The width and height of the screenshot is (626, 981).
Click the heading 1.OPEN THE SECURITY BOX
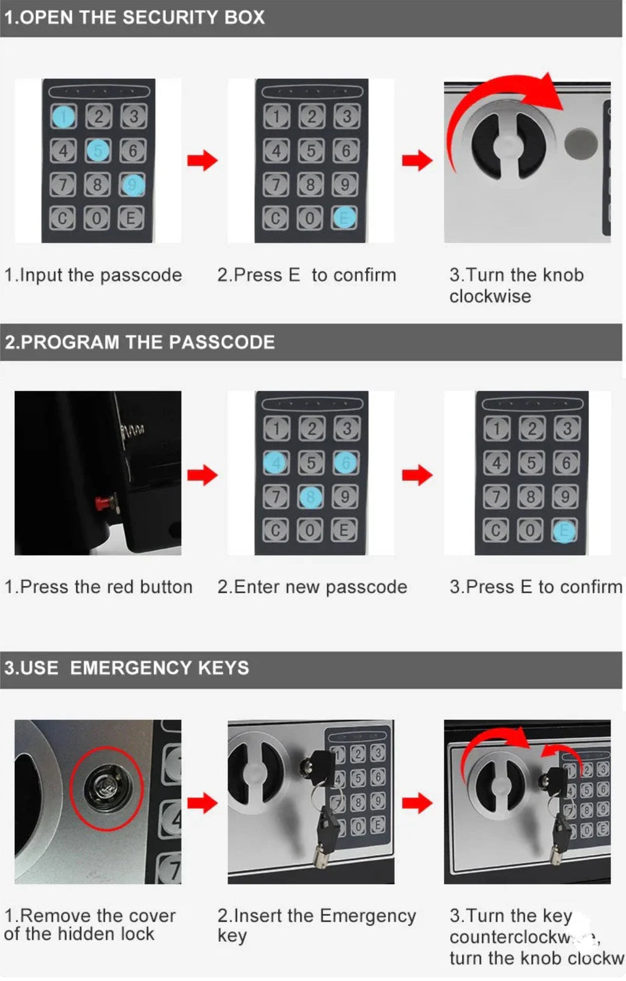(x=134, y=17)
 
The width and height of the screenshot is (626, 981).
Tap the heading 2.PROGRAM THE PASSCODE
(x=140, y=342)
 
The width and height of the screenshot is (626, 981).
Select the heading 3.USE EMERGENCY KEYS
(x=127, y=667)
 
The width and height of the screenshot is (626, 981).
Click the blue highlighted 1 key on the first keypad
(x=62, y=116)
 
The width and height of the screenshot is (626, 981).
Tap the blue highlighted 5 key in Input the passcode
(x=98, y=150)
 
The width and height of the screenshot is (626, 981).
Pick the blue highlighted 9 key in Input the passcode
(x=133, y=184)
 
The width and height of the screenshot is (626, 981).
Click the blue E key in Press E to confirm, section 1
(x=344, y=217)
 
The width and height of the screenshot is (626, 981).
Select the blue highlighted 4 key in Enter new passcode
(x=275, y=463)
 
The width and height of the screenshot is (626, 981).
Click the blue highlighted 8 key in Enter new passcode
(x=311, y=497)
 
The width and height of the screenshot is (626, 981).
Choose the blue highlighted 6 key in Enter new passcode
(x=345, y=463)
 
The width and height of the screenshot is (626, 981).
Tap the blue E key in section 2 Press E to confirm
(x=564, y=531)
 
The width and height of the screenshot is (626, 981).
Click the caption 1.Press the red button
(x=98, y=587)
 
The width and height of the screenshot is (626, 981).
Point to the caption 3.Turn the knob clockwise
(x=516, y=286)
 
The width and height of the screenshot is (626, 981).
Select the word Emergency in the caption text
(x=367, y=916)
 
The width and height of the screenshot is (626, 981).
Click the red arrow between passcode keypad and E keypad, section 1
(x=202, y=160)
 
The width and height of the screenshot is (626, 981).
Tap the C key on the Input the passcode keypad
(x=62, y=218)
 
